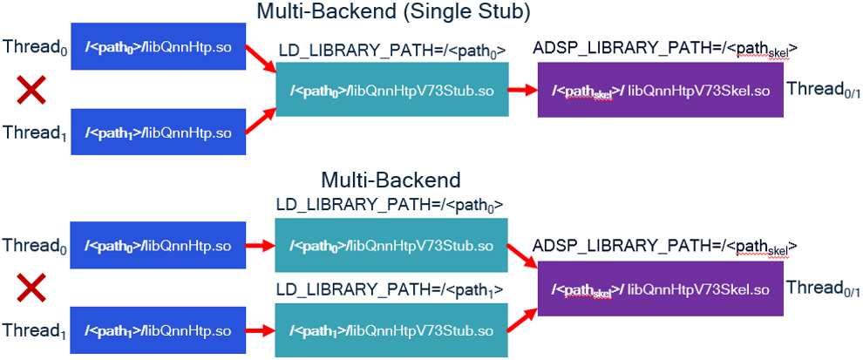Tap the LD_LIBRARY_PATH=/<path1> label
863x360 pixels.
pyautogui.click(x=391, y=289)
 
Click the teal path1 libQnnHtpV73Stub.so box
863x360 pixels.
pyautogui.click(x=391, y=330)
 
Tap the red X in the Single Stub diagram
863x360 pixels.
pyautogui.click(x=32, y=89)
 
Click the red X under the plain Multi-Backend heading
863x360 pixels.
pyautogui.click(x=32, y=289)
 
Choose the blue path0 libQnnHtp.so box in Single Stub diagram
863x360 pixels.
pyautogui.click(x=159, y=46)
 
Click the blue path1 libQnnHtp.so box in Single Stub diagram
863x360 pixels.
pyautogui.click(x=159, y=132)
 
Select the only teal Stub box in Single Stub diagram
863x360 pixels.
pyautogui.click(x=391, y=91)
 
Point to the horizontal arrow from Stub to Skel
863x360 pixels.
pyautogui.click(x=524, y=91)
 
